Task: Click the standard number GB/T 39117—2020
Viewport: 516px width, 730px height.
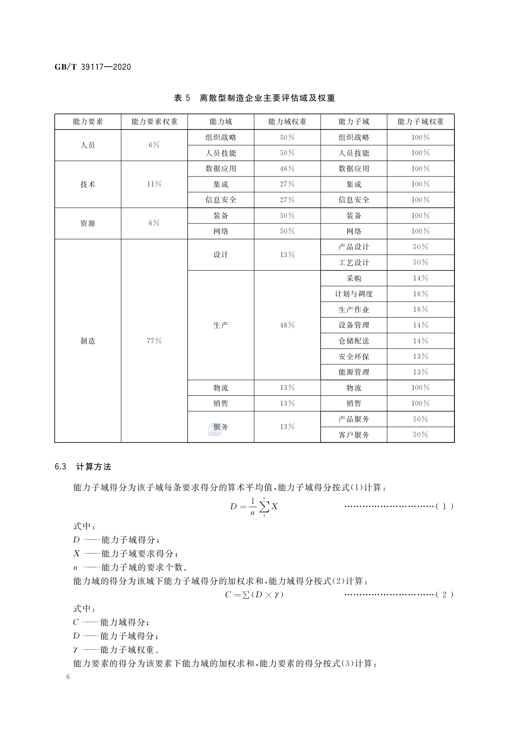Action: click(93, 67)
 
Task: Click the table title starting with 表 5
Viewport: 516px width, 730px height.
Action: click(254, 98)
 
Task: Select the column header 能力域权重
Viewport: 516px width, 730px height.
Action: click(287, 122)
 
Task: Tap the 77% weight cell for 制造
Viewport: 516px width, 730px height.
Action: click(154, 341)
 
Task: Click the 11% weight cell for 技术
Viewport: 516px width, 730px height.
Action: click(154, 184)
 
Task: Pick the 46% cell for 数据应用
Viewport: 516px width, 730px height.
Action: click(287, 169)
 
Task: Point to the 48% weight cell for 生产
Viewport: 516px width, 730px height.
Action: click(287, 325)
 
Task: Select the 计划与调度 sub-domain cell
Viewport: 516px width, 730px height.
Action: click(354, 294)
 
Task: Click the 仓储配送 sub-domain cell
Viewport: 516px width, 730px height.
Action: click(354, 341)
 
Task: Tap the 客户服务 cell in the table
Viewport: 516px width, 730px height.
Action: click(354, 435)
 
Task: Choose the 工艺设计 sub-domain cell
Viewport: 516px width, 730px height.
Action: click(354, 263)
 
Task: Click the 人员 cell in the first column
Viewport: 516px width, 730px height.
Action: click(88, 145)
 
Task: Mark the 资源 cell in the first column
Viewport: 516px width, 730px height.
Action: click(88, 223)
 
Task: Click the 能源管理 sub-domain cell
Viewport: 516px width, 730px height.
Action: click(354, 372)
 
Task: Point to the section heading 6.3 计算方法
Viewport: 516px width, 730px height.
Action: click(83, 467)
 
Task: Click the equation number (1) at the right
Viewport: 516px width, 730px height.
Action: click(444, 507)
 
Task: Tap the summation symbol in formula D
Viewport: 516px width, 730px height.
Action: click(264, 507)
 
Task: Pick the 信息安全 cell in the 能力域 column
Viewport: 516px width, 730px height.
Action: click(221, 200)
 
